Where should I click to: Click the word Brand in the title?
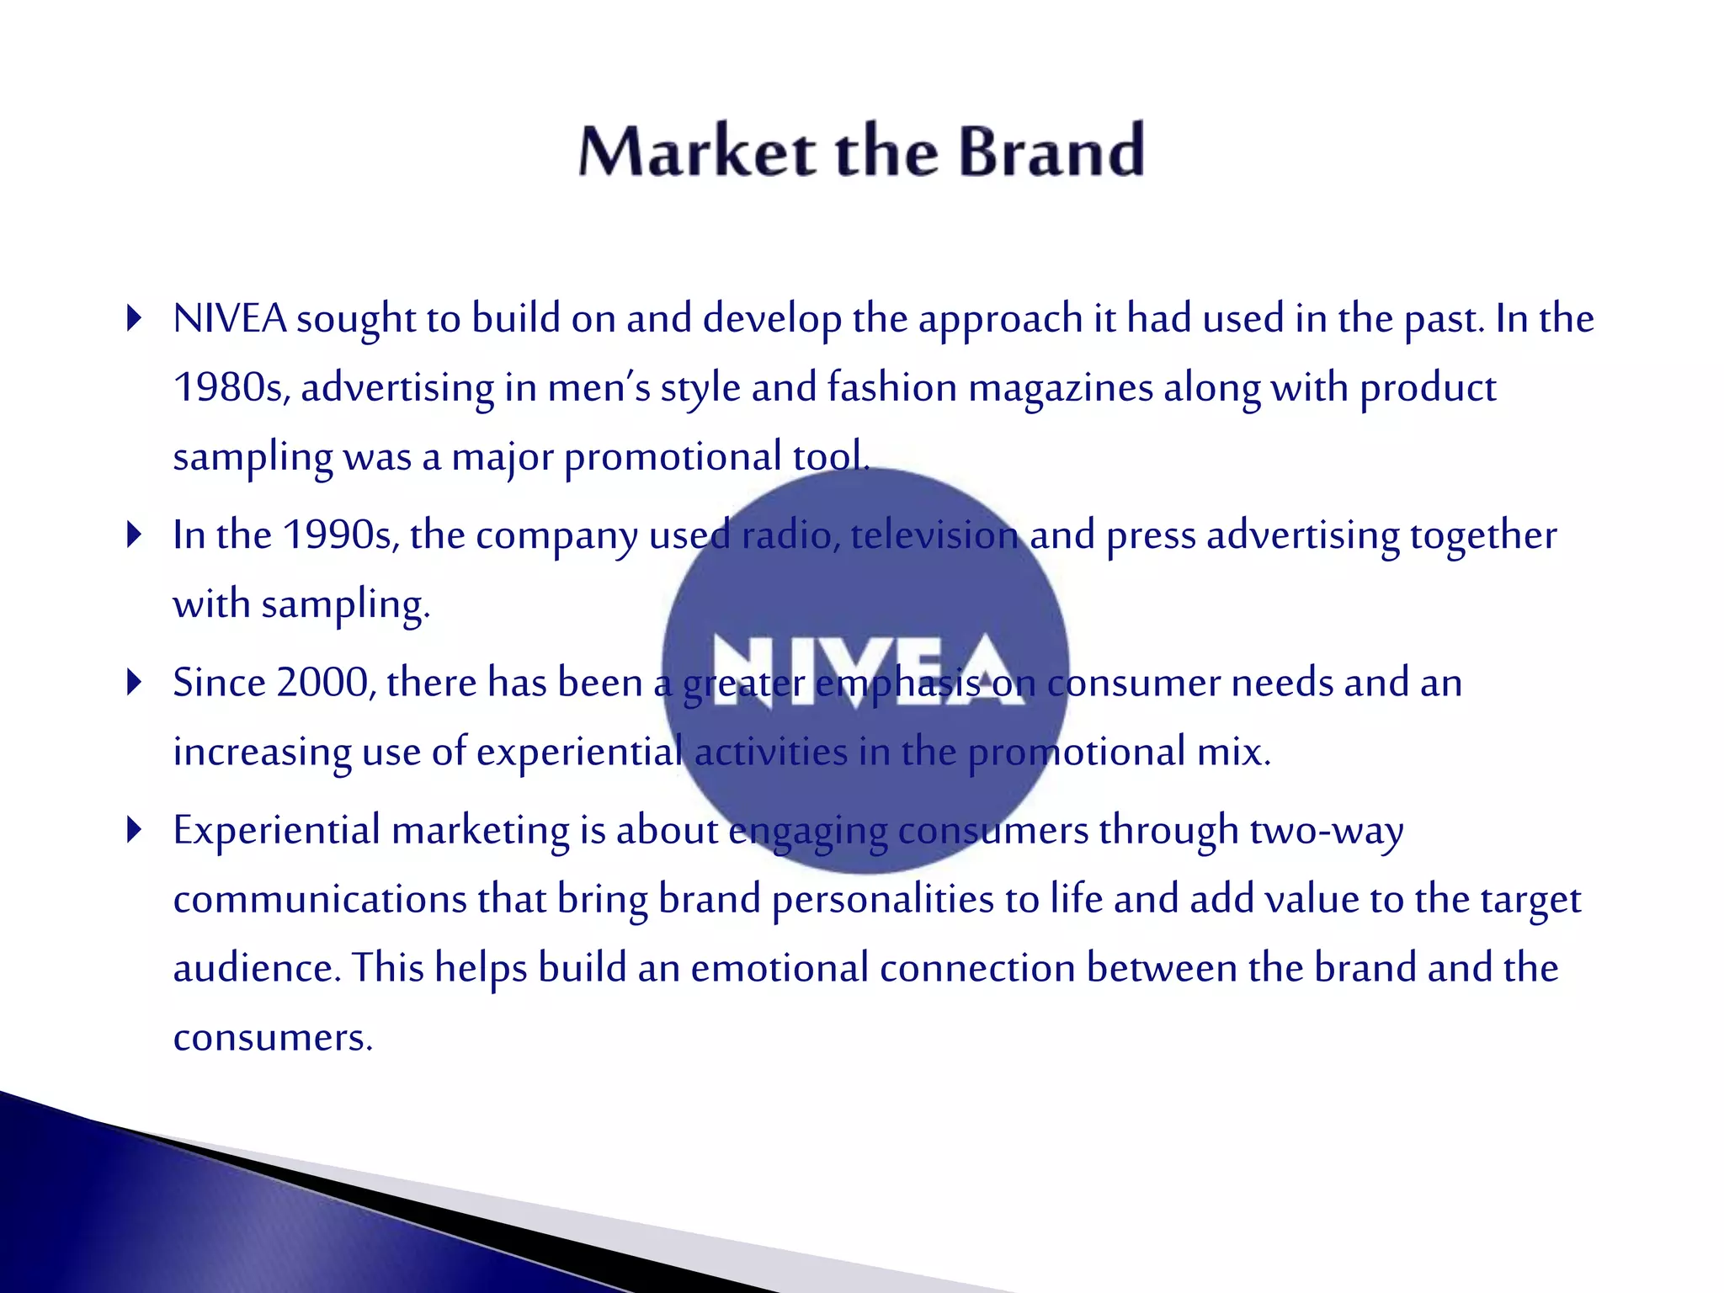click(x=1051, y=152)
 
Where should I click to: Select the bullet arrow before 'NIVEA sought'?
click(x=133, y=319)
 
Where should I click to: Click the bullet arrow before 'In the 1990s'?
click(x=133, y=535)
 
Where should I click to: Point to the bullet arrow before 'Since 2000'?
click(x=133, y=682)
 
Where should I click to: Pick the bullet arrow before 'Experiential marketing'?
click(x=133, y=830)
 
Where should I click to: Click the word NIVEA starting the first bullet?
click(x=230, y=319)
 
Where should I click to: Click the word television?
click(x=934, y=535)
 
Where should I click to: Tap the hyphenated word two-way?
click(x=1327, y=831)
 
